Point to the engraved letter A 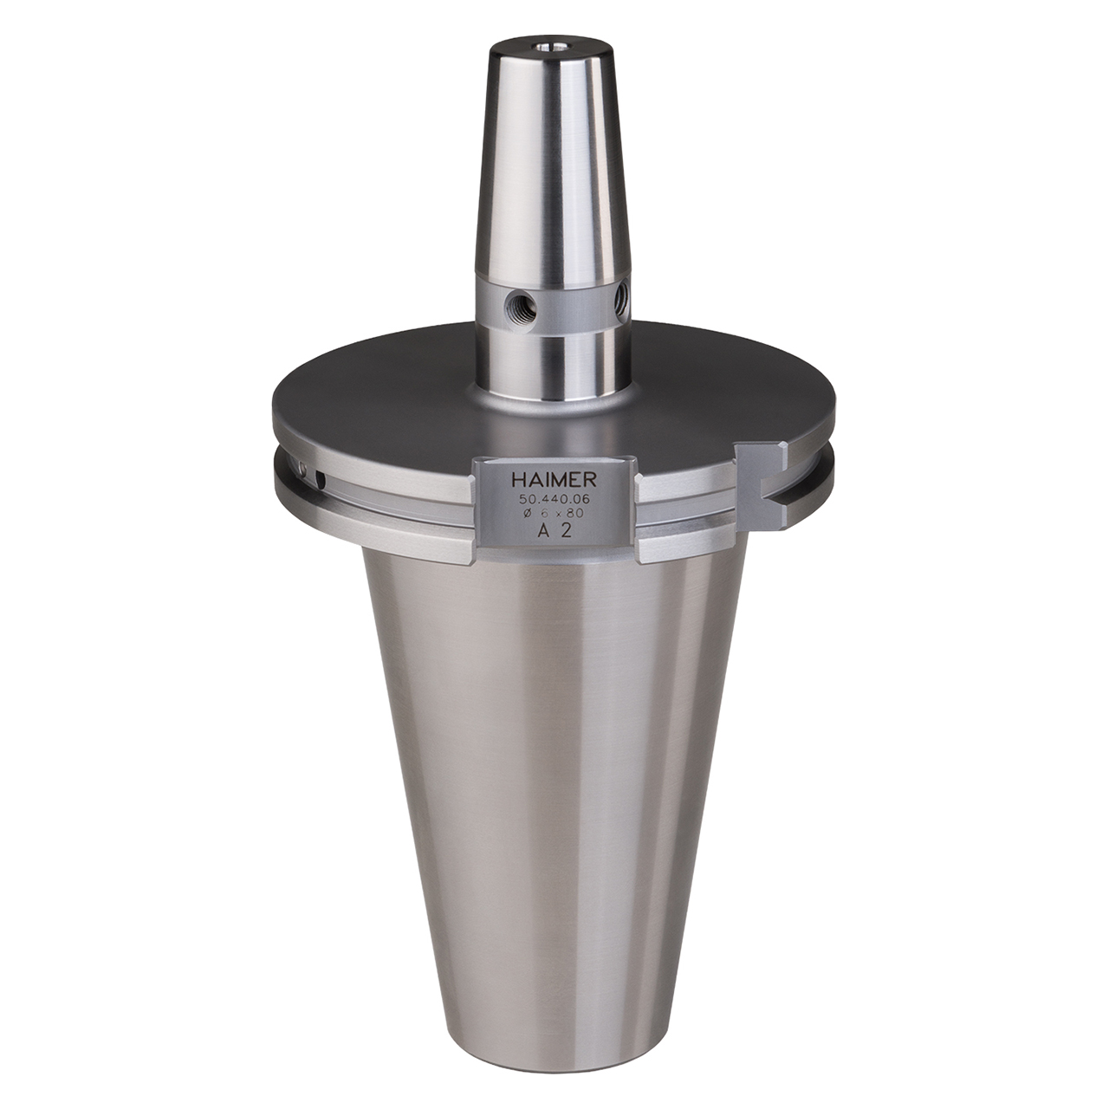tap(543, 532)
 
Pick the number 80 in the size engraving tap(574, 514)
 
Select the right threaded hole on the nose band tap(621, 301)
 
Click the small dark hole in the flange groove tap(321, 477)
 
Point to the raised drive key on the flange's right tap(762, 472)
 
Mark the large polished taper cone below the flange tap(554, 780)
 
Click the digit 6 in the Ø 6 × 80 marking tap(544, 514)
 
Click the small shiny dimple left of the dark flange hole tap(302, 469)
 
